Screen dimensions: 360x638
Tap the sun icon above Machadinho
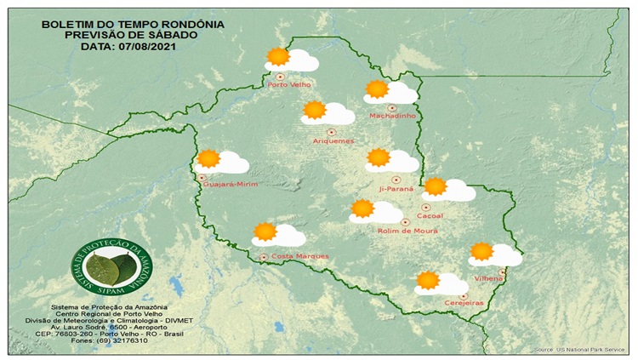pyautogui.click(x=377, y=89)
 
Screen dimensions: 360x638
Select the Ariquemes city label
pyautogui.click(x=333, y=140)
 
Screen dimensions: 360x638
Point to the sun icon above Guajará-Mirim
pyautogui.click(x=208, y=158)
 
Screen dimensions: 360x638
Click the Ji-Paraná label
pyautogui.click(x=396, y=189)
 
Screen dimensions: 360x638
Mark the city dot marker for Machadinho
pyautogui.click(x=392, y=108)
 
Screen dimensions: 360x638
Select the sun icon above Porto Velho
pyautogui.click(x=277, y=57)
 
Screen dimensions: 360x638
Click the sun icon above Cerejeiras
pyautogui.click(x=428, y=280)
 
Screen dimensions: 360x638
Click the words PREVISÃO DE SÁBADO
pyautogui.click(x=133, y=35)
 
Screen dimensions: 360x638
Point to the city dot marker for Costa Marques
pyautogui.click(x=264, y=256)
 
